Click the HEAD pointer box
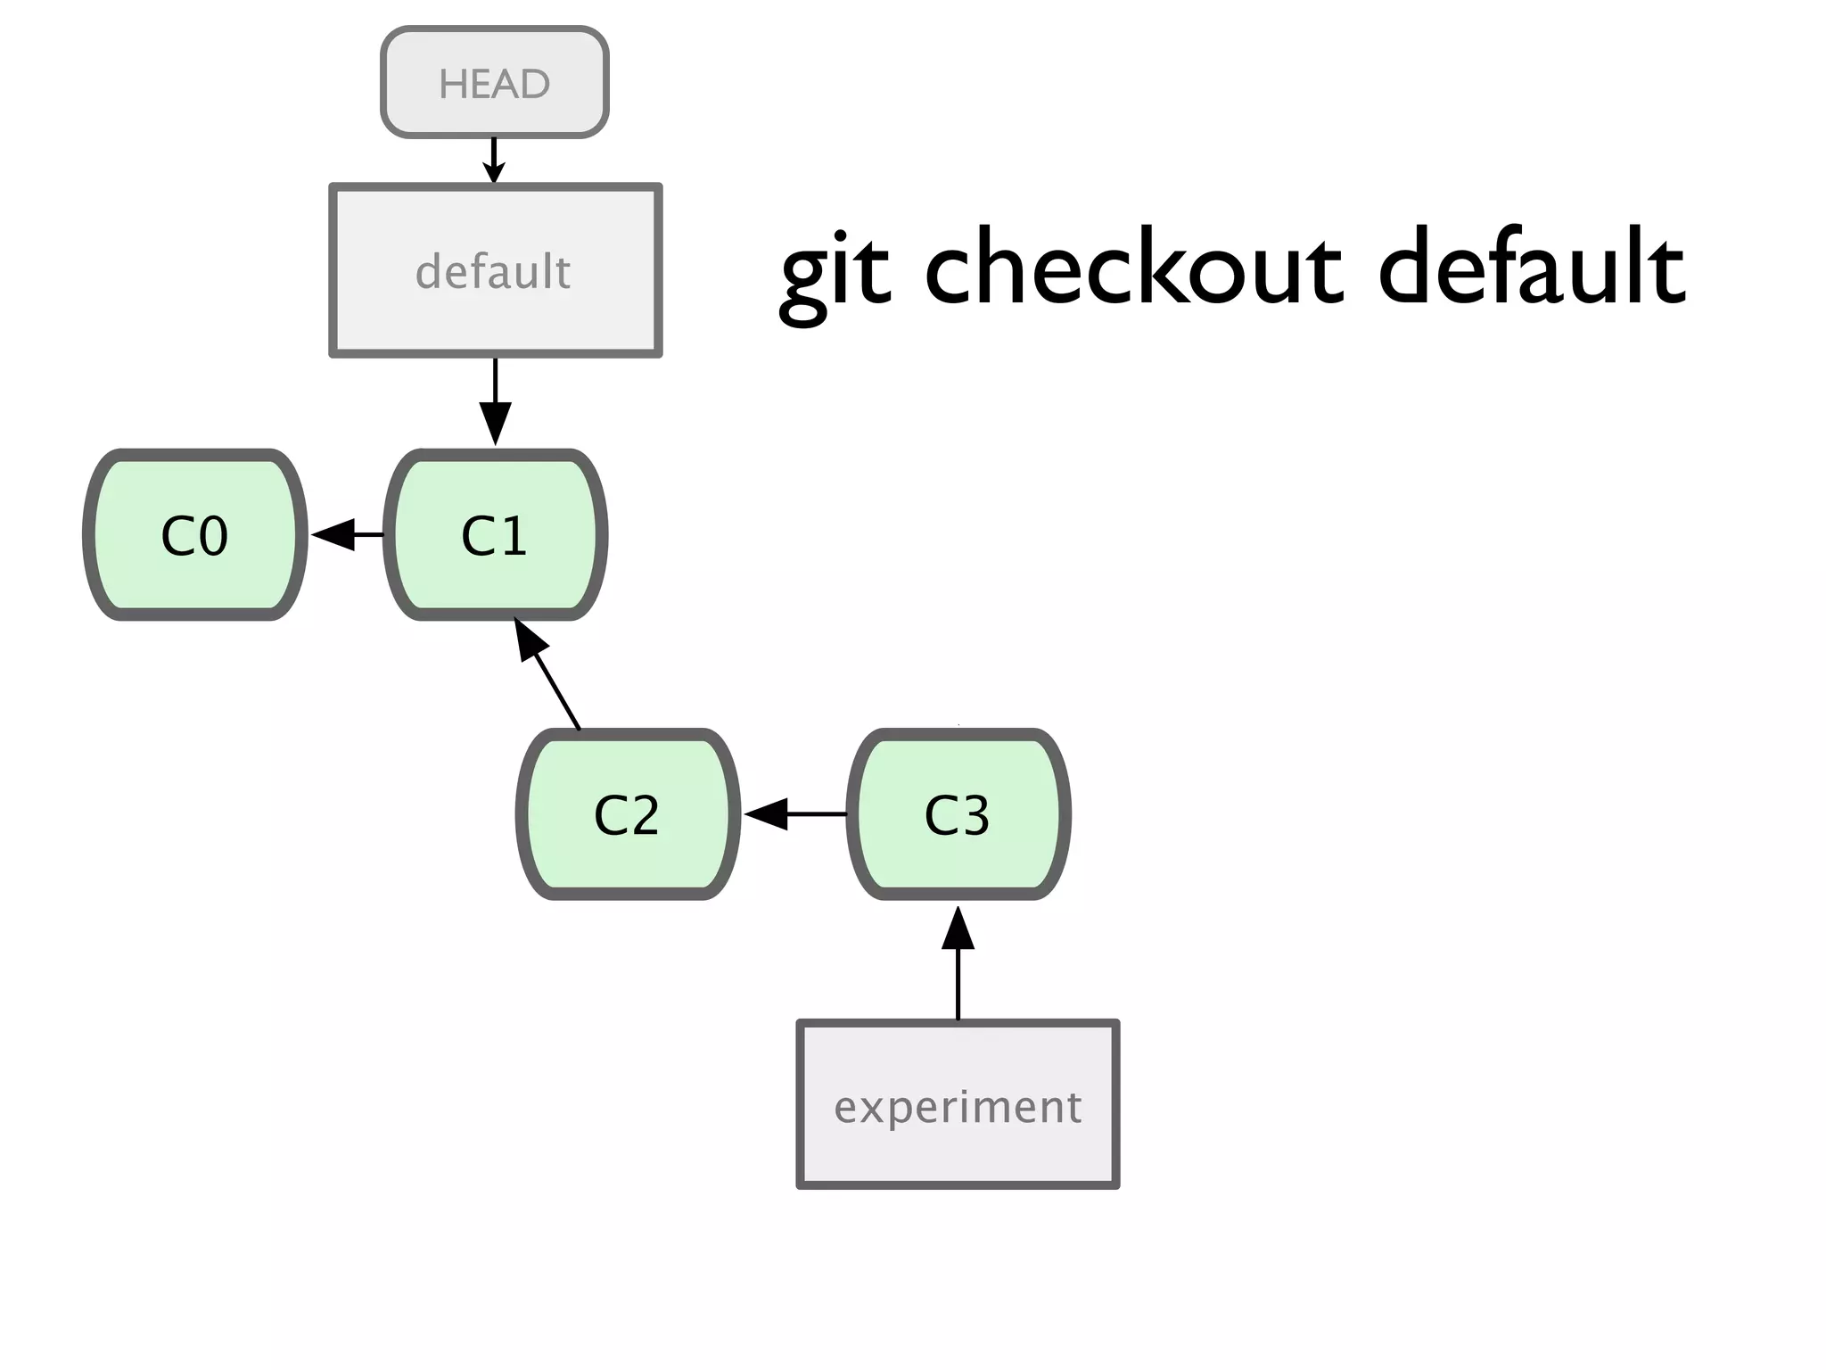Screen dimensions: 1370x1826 click(495, 82)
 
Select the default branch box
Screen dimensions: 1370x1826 click(495, 270)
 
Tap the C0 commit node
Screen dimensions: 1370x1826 click(194, 535)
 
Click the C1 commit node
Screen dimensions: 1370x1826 click(495, 535)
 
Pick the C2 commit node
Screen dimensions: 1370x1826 click(627, 814)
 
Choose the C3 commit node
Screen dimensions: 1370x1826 click(958, 814)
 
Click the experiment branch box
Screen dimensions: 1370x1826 click(958, 1104)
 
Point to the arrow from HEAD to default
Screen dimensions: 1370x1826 click(494, 161)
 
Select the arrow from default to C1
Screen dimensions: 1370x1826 click(495, 401)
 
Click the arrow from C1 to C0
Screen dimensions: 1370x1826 click(346, 535)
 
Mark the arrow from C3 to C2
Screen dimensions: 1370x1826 click(794, 814)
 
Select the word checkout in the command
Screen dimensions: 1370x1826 click(1132, 266)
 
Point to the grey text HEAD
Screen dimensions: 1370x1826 click(495, 84)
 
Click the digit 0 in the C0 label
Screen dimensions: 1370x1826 click(212, 537)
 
